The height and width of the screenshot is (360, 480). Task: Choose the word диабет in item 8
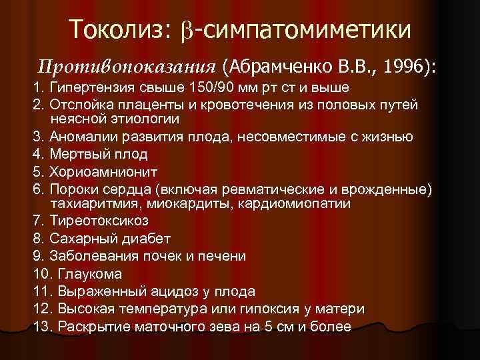coord(146,238)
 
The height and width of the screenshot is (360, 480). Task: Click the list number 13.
coord(41,327)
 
